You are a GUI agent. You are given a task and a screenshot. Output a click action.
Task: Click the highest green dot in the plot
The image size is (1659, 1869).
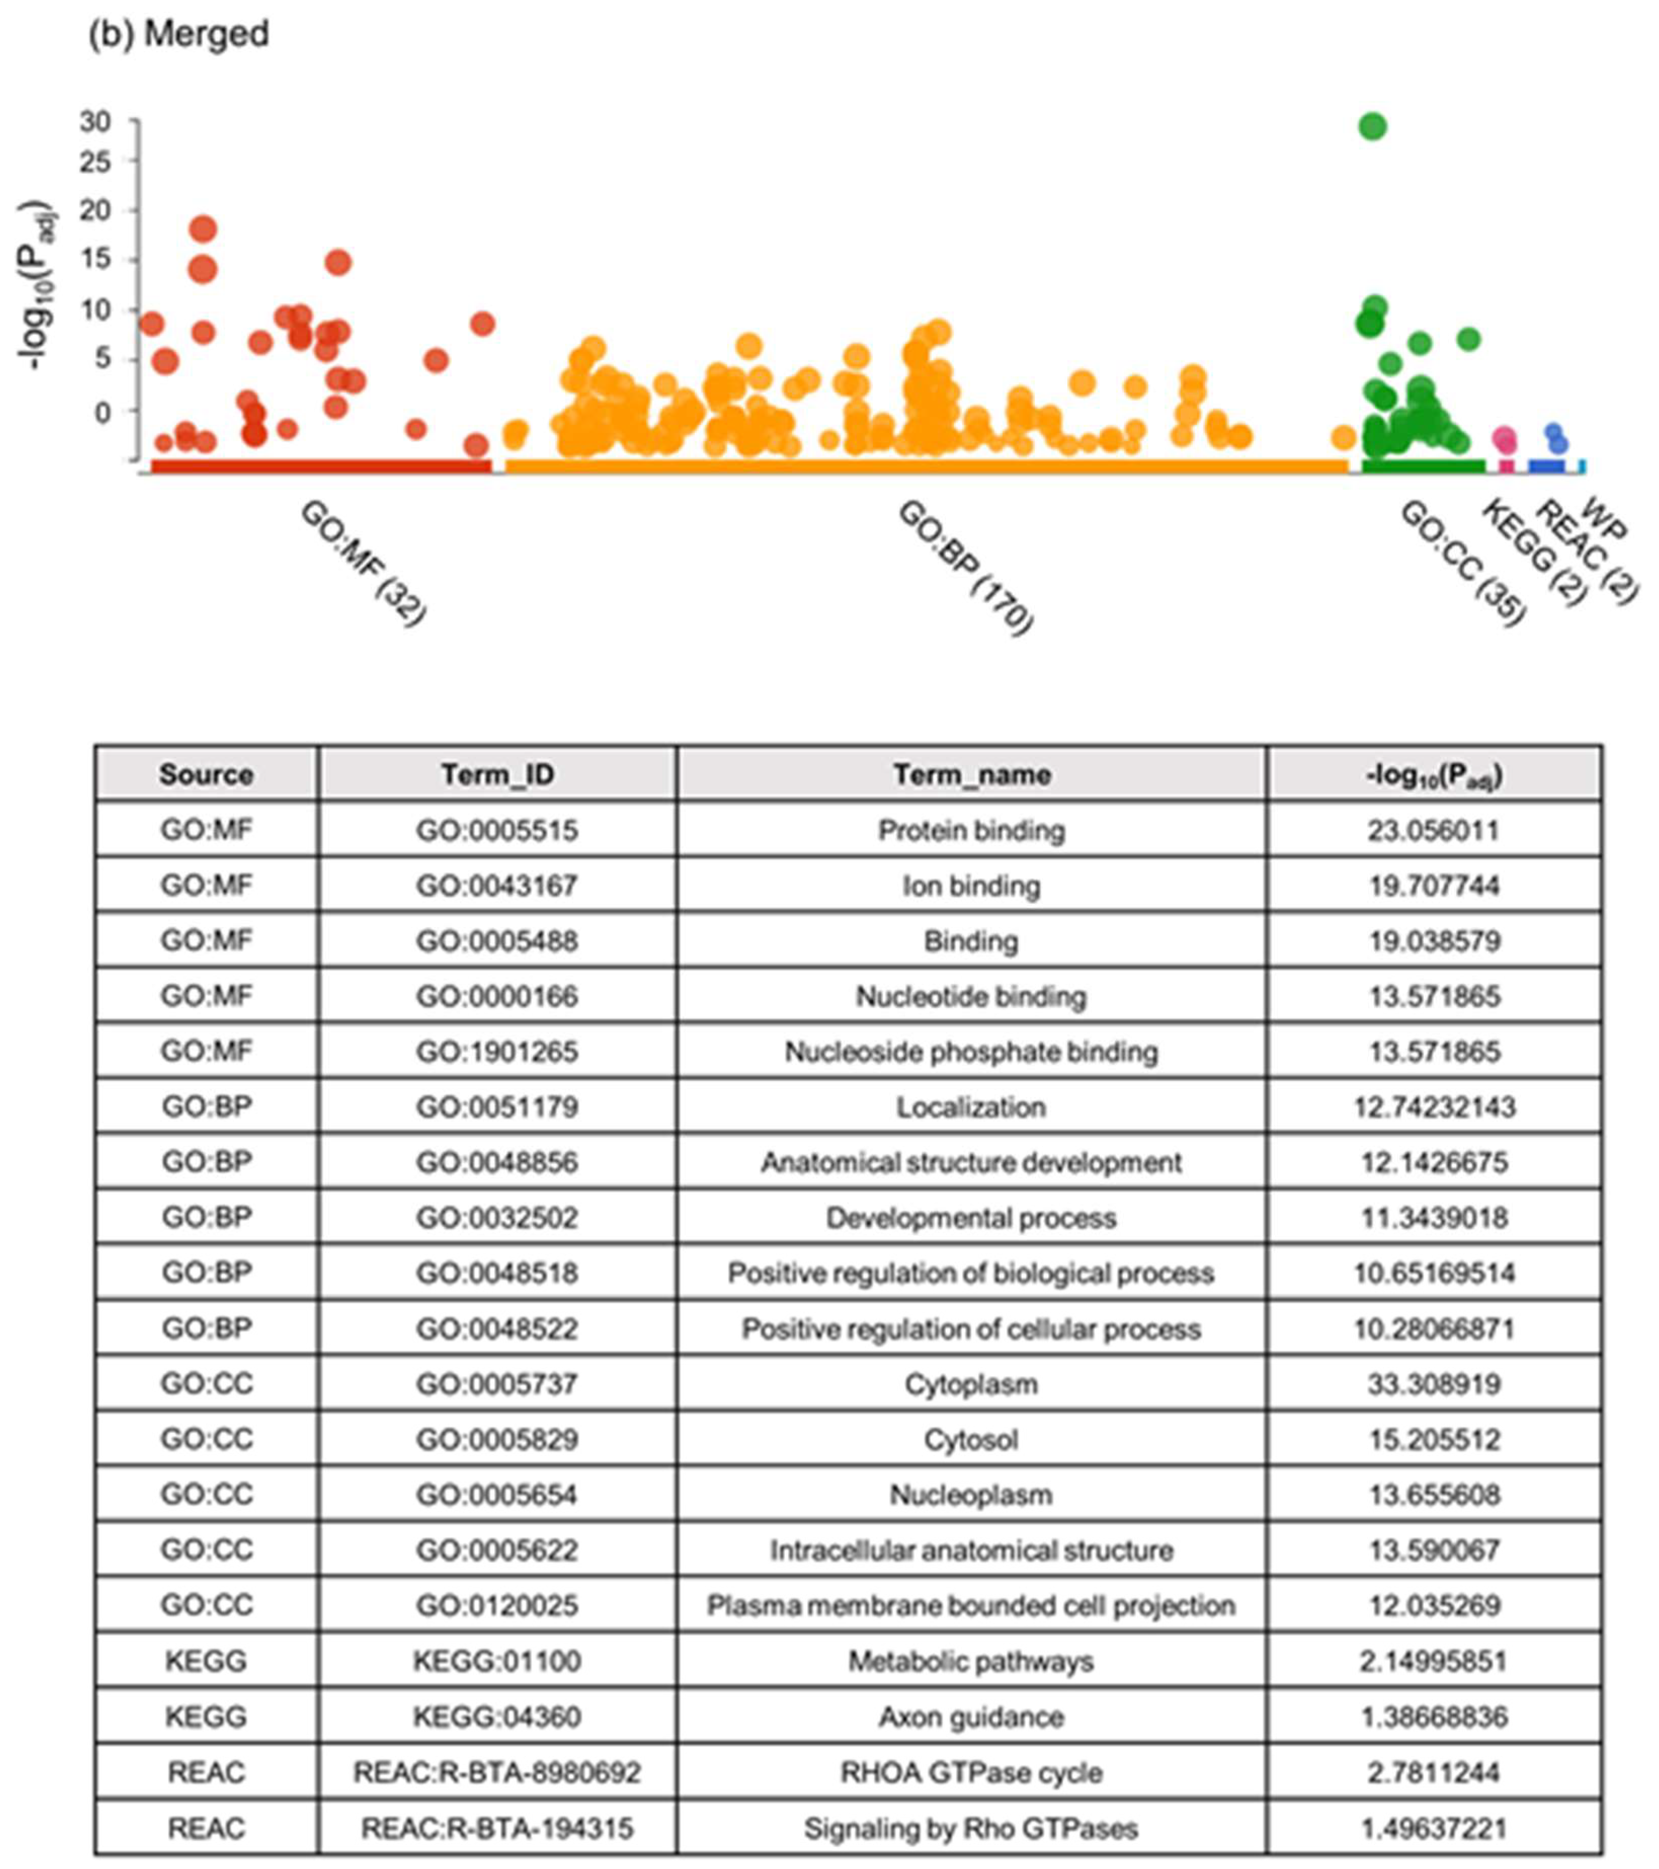[1372, 126]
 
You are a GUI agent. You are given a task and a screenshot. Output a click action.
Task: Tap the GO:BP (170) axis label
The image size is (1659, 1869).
[965, 567]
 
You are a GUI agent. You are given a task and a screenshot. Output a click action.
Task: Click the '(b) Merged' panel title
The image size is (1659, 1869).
[179, 34]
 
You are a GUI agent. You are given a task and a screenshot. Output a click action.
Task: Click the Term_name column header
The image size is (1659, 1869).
[972, 775]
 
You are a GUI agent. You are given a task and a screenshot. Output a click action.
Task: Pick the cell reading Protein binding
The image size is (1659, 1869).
[972, 830]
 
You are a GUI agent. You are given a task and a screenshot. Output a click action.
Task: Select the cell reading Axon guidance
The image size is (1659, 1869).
[972, 1716]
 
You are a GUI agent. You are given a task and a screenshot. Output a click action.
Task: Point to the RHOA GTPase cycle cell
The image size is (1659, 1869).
[972, 1772]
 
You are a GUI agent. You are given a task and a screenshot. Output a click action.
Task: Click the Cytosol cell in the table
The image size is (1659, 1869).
[972, 1439]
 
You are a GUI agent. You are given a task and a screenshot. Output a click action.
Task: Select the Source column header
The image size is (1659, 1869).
[206, 775]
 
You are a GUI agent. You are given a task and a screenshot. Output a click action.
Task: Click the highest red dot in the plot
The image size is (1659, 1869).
[203, 229]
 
